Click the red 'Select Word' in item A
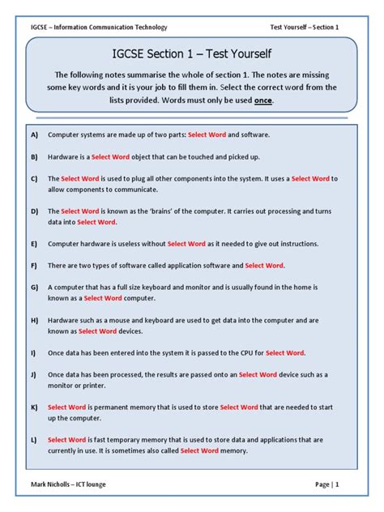(207, 134)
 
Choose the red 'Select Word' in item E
(186, 243)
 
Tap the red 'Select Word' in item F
(264, 265)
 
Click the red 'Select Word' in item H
(98, 331)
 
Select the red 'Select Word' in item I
(285, 352)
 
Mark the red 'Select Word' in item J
(258, 374)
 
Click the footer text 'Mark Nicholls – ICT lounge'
(68, 484)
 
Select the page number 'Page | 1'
(327, 484)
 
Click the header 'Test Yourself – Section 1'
(305, 27)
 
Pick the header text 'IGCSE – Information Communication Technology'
(99, 27)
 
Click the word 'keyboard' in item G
(175, 287)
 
